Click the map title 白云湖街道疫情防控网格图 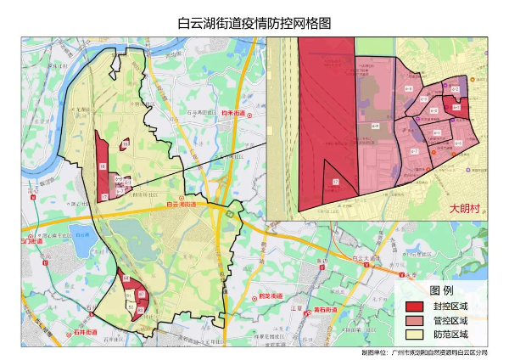tap(254, 23)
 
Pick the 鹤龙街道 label tap(270, 295)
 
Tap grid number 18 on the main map tap(103, 167)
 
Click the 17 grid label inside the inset tap(335, 182)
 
